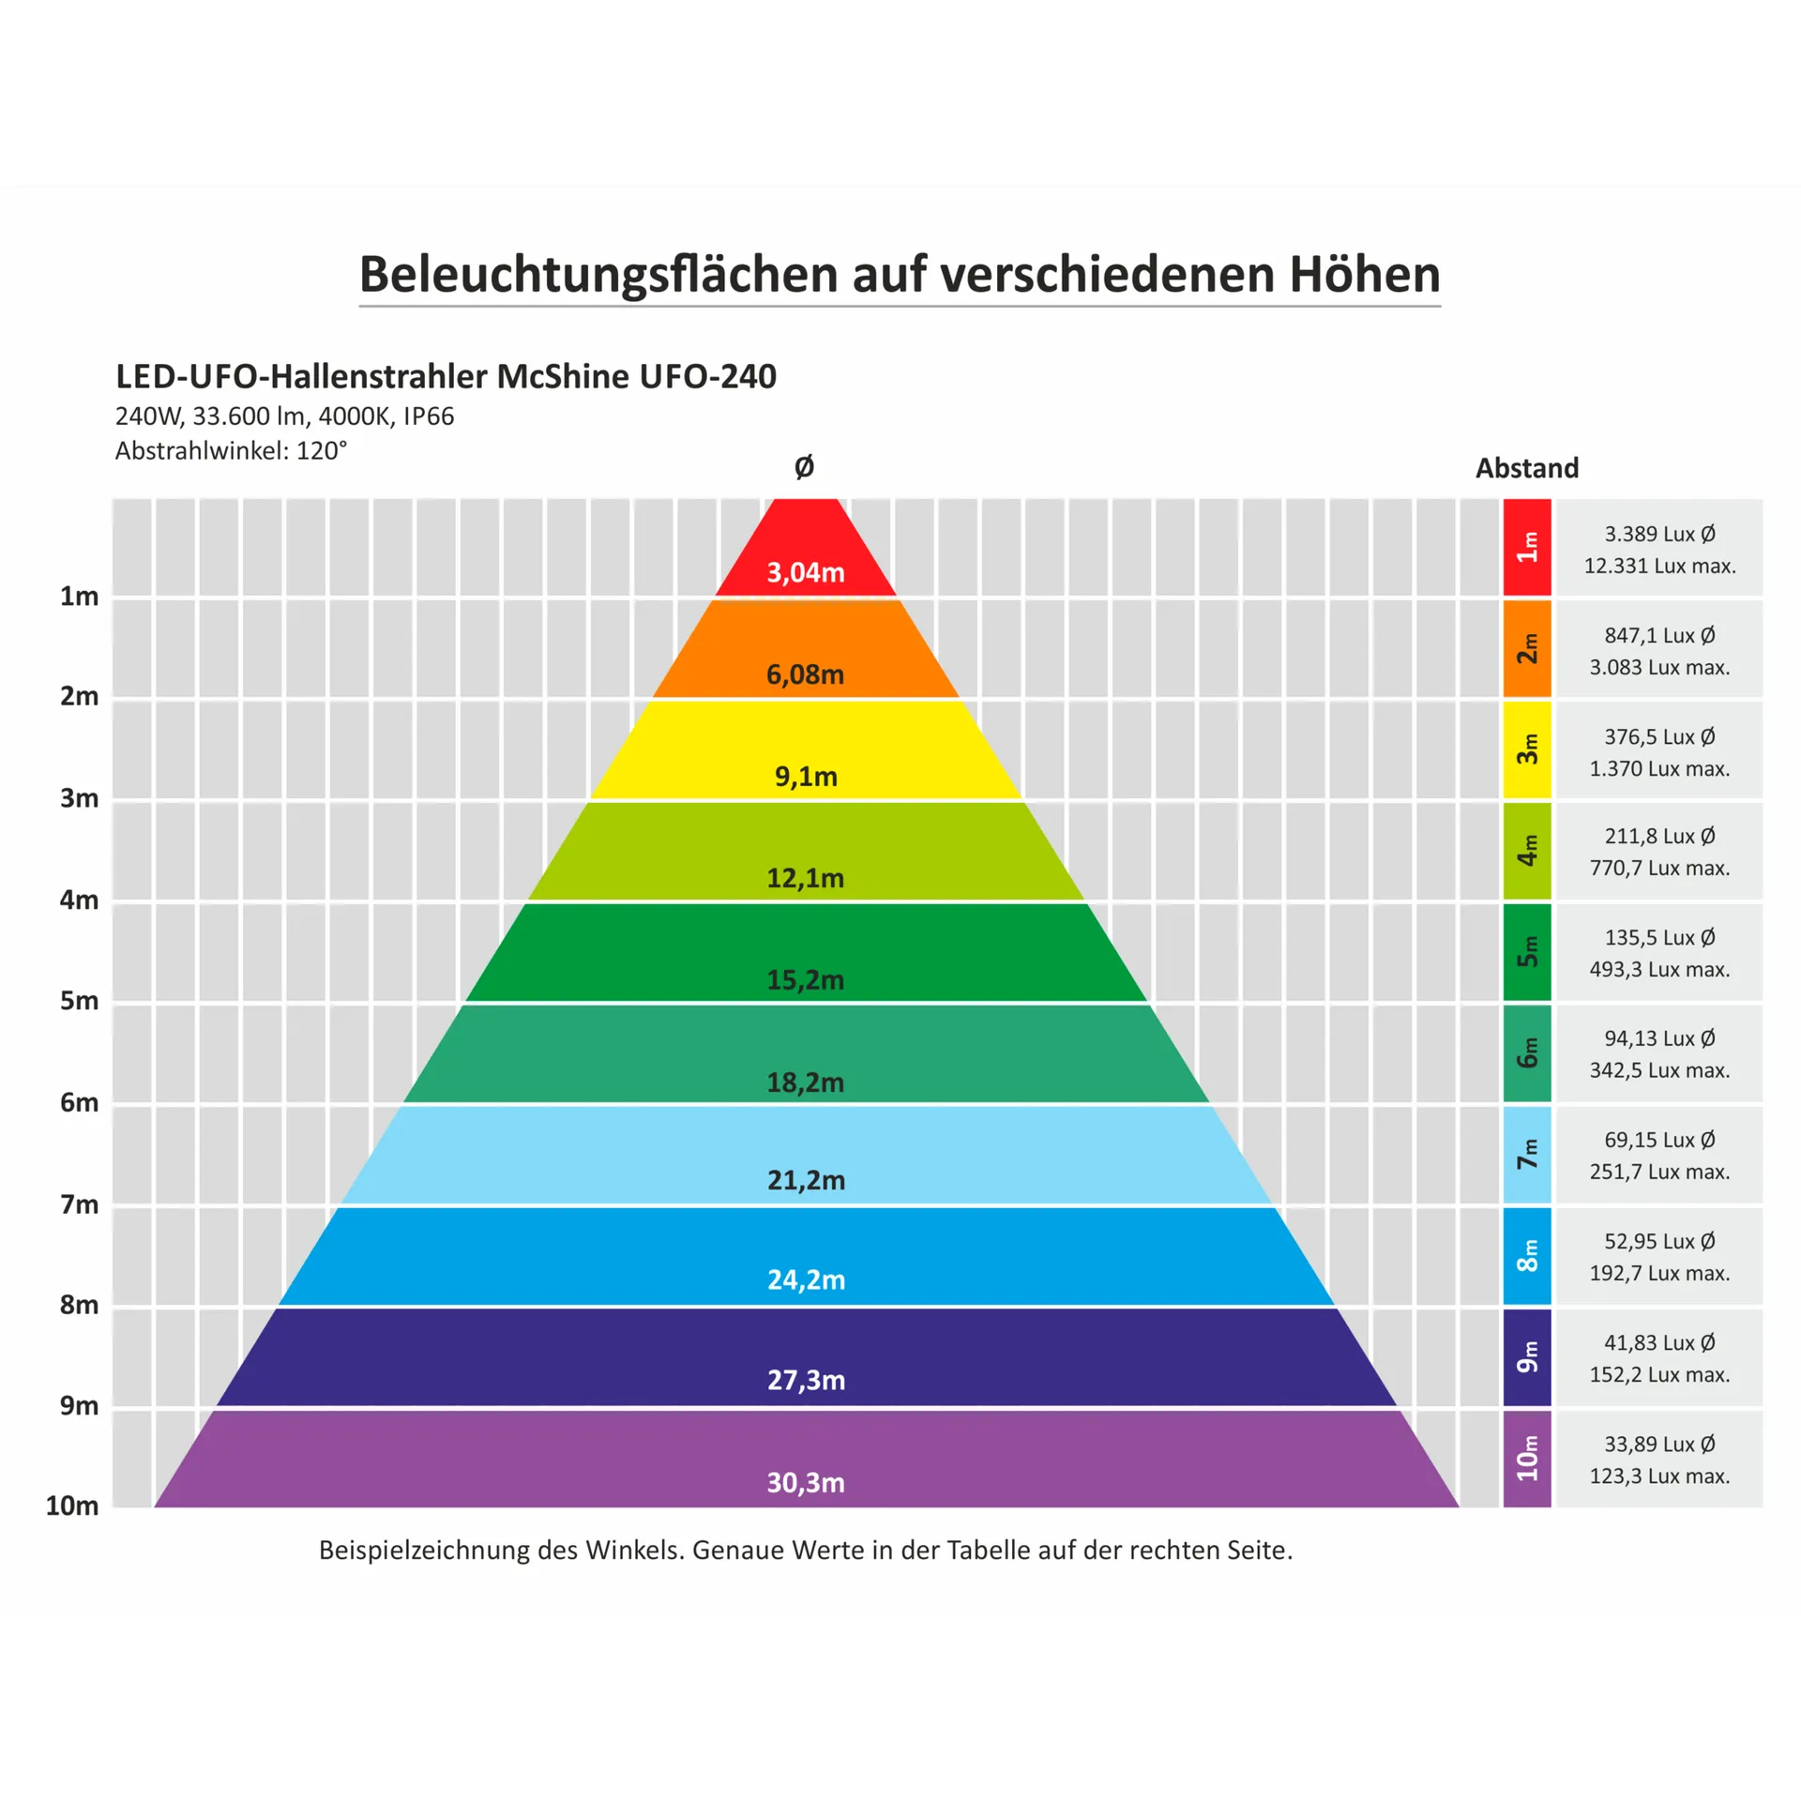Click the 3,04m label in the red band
point(805,572)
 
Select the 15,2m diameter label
point(805,980)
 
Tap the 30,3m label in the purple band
point(805,1482)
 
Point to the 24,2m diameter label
point(806,1279)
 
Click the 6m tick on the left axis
point(79,1102)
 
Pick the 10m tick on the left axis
point(72,1506)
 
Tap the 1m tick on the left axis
point(79,596)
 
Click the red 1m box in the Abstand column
point(1527,548)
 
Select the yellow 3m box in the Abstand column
point(1527,749)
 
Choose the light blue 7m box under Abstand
point(1527,1155)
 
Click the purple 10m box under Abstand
point(1527,1459)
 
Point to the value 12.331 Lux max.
point(1659,566)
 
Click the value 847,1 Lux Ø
point(1659,635)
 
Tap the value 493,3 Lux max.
point(1659,969)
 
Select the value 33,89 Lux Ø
point(1659,1444)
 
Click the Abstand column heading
point(1527,467)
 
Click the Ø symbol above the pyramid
point(804,466)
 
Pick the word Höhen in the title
point(1364,274)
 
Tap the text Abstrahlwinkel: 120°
point(231,450)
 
